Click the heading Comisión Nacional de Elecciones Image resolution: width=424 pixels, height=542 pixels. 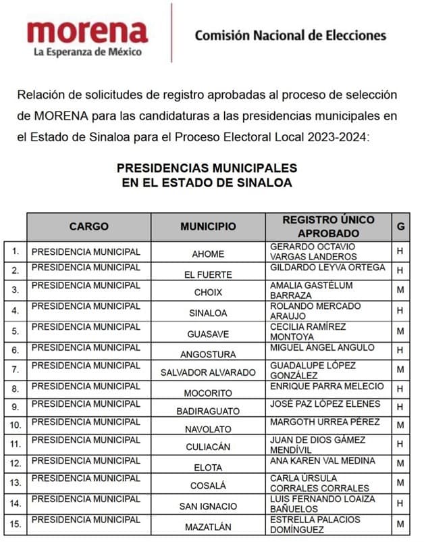coord(290,36)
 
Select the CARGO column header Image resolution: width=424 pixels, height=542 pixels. coord(88,227)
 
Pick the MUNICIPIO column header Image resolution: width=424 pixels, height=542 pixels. coord(208,227)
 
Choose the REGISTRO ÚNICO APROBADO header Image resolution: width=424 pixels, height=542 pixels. coord(328,227)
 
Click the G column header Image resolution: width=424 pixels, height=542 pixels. coord(401,227)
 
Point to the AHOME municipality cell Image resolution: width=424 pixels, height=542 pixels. coord(208,255)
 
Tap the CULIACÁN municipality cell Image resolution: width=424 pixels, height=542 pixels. coord(208,447)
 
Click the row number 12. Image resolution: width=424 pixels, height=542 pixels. coord(15,463)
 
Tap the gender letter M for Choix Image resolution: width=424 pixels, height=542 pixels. coord(401,292)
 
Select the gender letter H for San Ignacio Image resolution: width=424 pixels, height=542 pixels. coord(401,504)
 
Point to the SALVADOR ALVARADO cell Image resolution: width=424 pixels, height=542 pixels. coord(208,372)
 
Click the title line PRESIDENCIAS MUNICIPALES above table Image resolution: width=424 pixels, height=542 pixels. coord(207,168)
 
